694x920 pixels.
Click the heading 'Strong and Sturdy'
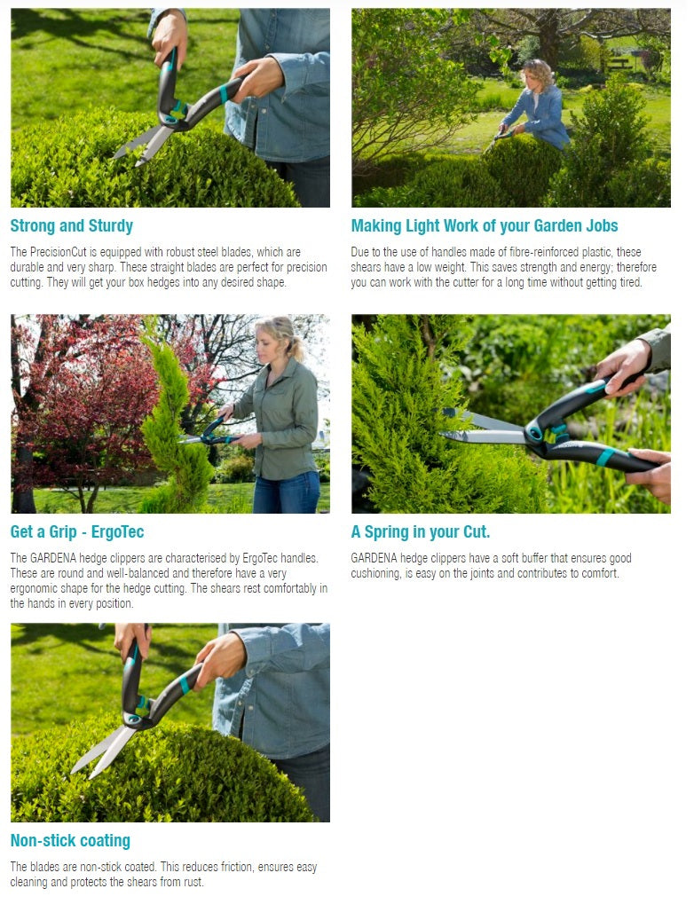pyautogui.click(x=72, y=225)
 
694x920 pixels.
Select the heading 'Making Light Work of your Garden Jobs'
pyautogui.click(x=485, y=225)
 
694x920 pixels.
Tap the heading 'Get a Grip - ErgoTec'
pyautogui.click(x=77, y=532)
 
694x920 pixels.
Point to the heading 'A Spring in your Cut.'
pyautogui.click(x=421, y=532)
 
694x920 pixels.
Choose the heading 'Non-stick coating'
pyautogui.click(x=70, y=840)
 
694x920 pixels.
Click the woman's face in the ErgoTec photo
pyautogui.click(x=271, y=339)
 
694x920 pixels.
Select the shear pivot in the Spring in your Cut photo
pyautogui.click(x=534, y=434)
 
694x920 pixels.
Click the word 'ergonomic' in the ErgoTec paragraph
pyautogui.click(x=43, y=588)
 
